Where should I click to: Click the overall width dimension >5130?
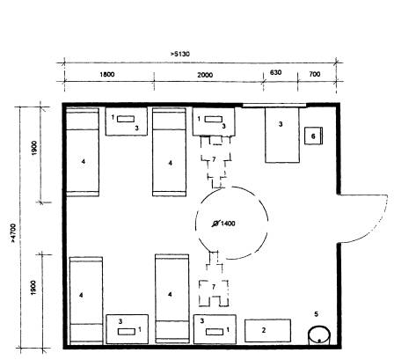pyautogui.click(x=179, y=54)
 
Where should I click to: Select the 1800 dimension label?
pyautogui.click(x=107, y=74)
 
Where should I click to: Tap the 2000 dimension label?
pyautogui.click(x=205, y=75)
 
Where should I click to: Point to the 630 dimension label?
pyautogui.click(x=275, y=72)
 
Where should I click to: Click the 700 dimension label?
pyautogui.click(x=315, y=74)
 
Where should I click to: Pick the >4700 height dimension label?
pyautogui.click(x=13, y=233)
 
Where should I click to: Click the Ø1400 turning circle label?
pyautogui.click(x=223, y=224)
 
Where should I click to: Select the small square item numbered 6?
pyautogui.click(x=313, y=136)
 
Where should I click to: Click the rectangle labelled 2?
pyautogui.click(x=267, y=331)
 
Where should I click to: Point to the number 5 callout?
pyautogui.click(x=316, y=314)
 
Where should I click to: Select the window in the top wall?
pyautogui.click(x=274, y=106)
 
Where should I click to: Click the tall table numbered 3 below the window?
pyautogui.click(x=282, y=135)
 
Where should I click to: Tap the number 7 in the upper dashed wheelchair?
pyautogui.click(x=214, y=159)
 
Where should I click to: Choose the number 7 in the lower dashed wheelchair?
pyautogui.click(x=214, y=287)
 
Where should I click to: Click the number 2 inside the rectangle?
pyautogui.click(x=264, y=330)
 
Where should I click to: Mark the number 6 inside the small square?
pyautogui.click(x=313, y=136)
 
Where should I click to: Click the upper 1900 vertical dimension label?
pyautogui.click(x=34, y=148)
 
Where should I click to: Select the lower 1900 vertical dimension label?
pyautogui.click(x=33, y=288)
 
